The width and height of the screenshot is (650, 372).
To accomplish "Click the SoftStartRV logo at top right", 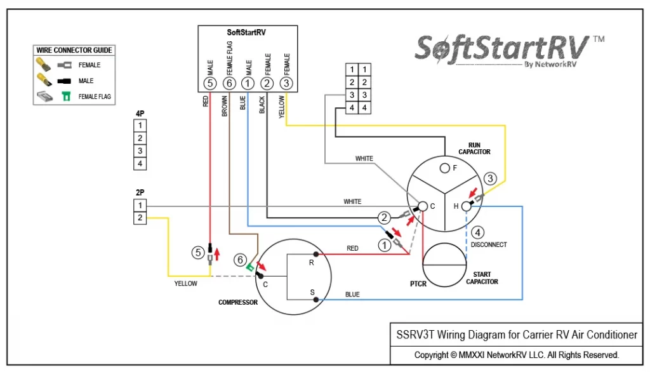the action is point(509,51).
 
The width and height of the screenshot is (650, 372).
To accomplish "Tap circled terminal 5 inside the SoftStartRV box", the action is point(209,83).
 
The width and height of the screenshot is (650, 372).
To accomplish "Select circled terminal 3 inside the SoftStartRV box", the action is point(286,83).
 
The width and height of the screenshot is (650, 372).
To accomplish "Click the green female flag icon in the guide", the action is point(66,96).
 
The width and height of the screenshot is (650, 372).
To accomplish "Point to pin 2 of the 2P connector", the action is point(140,218).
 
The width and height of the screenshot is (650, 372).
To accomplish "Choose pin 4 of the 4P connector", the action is point(140,164).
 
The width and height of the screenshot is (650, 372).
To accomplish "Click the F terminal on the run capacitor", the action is point(445,168).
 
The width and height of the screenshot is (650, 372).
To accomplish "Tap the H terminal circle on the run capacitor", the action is point(467,206).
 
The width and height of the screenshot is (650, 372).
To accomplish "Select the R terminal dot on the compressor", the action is point(316,254).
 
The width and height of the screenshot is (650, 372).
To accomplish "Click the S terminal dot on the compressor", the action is point(316,299).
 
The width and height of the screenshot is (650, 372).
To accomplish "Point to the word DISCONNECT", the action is point(489,244).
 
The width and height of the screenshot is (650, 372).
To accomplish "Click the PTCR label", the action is point(418,284).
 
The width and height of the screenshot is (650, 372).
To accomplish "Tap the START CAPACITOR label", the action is point(482,278).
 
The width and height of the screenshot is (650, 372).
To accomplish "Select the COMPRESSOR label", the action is point(238,302).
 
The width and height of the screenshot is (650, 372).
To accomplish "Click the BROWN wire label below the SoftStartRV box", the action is point(224,106).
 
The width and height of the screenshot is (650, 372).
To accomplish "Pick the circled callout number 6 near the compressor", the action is point(240,260).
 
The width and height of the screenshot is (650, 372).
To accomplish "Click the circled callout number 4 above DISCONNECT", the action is point(477,232).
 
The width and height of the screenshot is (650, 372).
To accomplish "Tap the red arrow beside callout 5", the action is point(216,254).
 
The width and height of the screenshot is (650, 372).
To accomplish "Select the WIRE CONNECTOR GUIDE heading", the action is point(74,50).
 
